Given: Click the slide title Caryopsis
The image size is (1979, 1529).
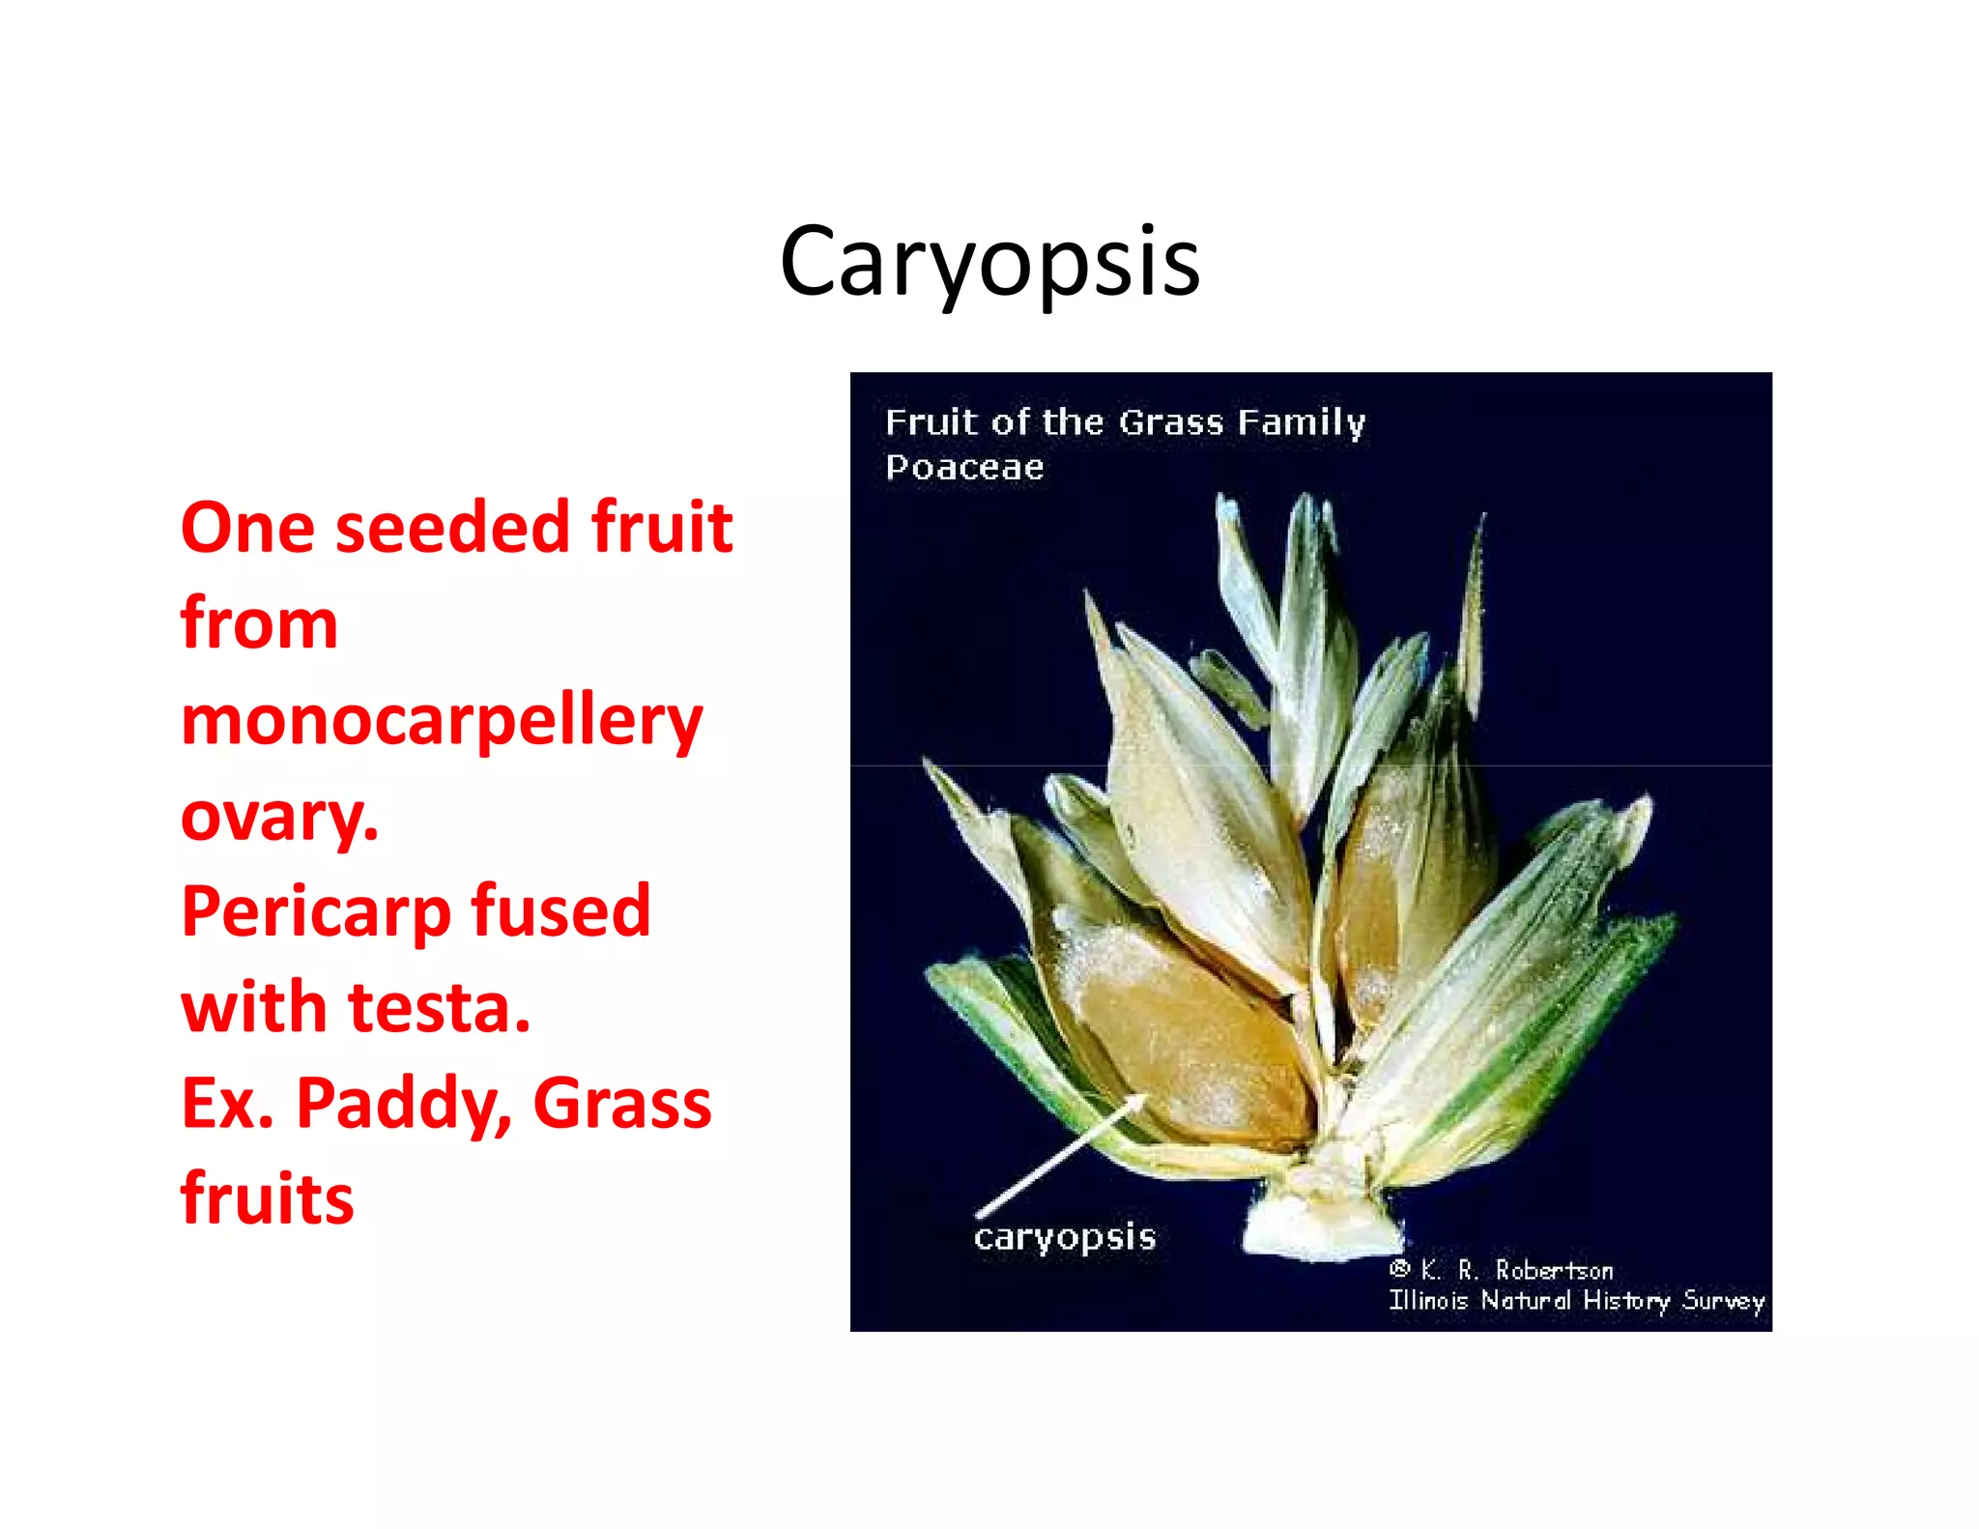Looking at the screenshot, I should coord(989,261).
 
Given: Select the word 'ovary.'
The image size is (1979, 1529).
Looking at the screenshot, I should coord(279,817).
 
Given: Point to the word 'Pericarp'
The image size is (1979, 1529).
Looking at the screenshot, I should coord(316,913).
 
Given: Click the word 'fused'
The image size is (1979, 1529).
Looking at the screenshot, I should coord(560,911).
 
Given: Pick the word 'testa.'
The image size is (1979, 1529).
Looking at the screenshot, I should coord(440,1008).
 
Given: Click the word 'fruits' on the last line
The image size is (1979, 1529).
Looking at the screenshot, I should coord(268,1198).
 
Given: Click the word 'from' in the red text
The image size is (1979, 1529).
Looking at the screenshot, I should coord(259,623).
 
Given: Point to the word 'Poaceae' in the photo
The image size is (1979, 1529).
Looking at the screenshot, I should coord(964,468).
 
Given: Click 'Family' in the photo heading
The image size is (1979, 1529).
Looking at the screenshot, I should coord(1301,423).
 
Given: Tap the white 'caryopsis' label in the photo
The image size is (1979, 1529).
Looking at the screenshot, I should coord(1064,1238).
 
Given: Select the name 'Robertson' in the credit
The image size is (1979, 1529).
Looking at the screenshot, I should coord(1554,1270).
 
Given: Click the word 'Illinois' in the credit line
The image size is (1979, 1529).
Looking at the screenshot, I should coord(1427,1301).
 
